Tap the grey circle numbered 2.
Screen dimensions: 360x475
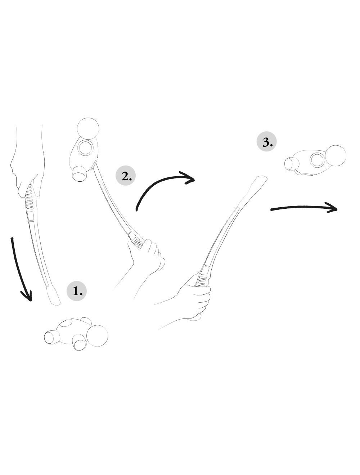coord(126,176)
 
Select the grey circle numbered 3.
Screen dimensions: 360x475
coord(267,141)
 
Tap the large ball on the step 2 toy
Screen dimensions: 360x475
coord(88,128)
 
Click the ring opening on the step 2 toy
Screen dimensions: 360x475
coord(86,148)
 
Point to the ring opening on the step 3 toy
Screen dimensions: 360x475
coord(318,160)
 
